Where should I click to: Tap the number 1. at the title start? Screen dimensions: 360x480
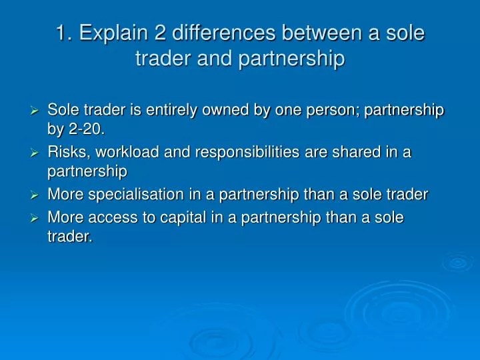64,33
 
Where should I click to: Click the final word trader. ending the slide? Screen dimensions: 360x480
69,235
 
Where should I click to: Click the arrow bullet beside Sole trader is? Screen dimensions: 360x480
37,111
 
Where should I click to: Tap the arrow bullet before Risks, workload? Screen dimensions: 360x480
37,153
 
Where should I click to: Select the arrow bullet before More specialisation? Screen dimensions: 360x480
37,195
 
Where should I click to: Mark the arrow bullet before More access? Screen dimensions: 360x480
37,218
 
